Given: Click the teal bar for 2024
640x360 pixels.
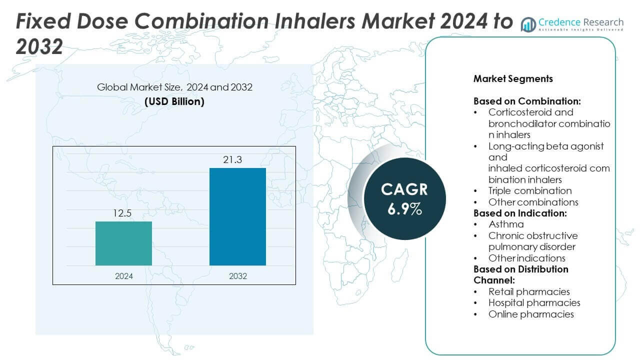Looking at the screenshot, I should [x=123, y=243].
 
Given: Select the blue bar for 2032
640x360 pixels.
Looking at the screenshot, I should [x=237, y=216].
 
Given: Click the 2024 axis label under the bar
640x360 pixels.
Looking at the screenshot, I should [x=123, y=275].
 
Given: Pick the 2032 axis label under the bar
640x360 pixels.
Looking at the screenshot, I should [x=237, y=275].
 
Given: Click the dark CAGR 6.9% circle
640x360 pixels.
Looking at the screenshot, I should [x=404, y=199].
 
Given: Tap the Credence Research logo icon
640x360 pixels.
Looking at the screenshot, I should [x=528, y=23].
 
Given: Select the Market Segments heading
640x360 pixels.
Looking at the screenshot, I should [x=513, y=79].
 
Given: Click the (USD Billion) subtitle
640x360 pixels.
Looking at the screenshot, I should [x=174, y=101].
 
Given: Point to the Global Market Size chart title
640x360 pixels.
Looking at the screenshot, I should [x=174, y=87].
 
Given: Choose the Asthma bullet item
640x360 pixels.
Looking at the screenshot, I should [x=506, y=224].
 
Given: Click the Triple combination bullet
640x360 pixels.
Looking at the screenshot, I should [x=530, y=190].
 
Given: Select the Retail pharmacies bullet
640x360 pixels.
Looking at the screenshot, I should [x=529, y=291].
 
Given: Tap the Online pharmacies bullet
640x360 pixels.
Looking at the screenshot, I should [x=531, y=314].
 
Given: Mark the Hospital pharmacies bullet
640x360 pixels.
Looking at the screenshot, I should [x=534, y=302].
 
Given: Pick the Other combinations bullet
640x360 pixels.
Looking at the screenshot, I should [x=533, y=202].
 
